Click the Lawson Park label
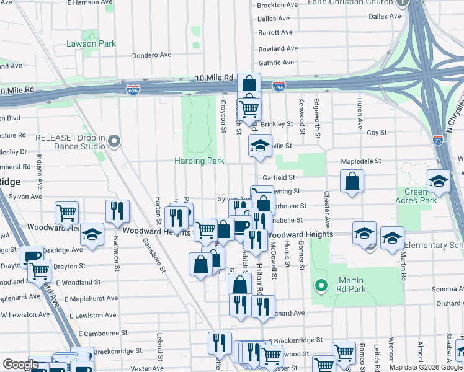[x=91, y=44]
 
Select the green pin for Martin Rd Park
[x=321, y=285]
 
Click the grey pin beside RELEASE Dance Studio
[x=114, y=142]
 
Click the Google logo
[x=20, y=365]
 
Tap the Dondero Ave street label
[x=151, y=55]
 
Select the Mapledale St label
[x=361, y=161]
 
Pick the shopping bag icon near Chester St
[x=352, y=181]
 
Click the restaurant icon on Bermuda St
[x=117, y=211]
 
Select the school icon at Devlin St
[x=260, y=146]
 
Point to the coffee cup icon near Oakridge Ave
[x=32, y=257]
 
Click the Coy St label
[x=377, y=133]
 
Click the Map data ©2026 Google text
[x=425, y=367]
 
